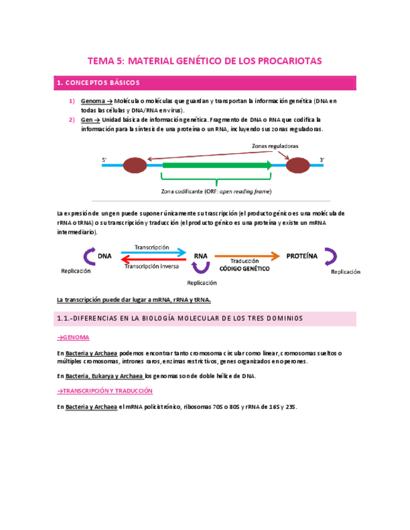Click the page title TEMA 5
pos(204,61)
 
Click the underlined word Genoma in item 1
pos(93,101)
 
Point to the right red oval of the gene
pos(298,166)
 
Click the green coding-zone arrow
pos(216,166)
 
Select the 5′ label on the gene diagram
pos(105,161)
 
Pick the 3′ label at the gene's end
pos(322,161)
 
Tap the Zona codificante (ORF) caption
pos(217,191)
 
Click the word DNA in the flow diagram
pos(105,256)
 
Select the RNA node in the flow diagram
pos(200,256)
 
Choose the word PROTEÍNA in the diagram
pos(302,256)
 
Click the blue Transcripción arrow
pos(153,253)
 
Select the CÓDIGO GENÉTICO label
pos(244,268)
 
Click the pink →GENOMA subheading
pos(73,337)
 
